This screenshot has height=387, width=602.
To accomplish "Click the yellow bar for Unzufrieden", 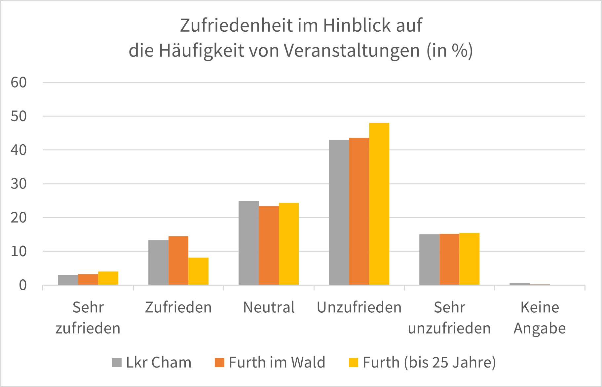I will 379,204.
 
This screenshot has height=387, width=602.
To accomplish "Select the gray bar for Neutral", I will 248,243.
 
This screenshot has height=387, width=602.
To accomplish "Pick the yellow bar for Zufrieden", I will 199,271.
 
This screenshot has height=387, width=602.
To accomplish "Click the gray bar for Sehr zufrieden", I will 68,280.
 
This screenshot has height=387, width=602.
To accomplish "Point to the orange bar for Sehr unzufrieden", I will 449,259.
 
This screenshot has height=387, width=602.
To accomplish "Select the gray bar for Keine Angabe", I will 519,284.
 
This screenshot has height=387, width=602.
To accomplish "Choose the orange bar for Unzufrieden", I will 359,211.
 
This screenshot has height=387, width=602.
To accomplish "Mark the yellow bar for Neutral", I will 289,244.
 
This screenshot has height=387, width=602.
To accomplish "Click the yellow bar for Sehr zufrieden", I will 108,278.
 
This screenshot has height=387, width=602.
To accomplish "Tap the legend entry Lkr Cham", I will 152,363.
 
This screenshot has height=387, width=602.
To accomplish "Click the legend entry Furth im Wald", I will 270,363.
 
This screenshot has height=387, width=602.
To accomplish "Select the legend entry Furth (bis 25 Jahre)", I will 422,363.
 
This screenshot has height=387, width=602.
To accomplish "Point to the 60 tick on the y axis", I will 19,83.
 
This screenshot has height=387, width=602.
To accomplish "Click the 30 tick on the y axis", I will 19,184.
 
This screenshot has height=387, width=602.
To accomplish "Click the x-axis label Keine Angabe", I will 540,318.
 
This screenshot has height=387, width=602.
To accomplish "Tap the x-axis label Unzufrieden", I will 359,307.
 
